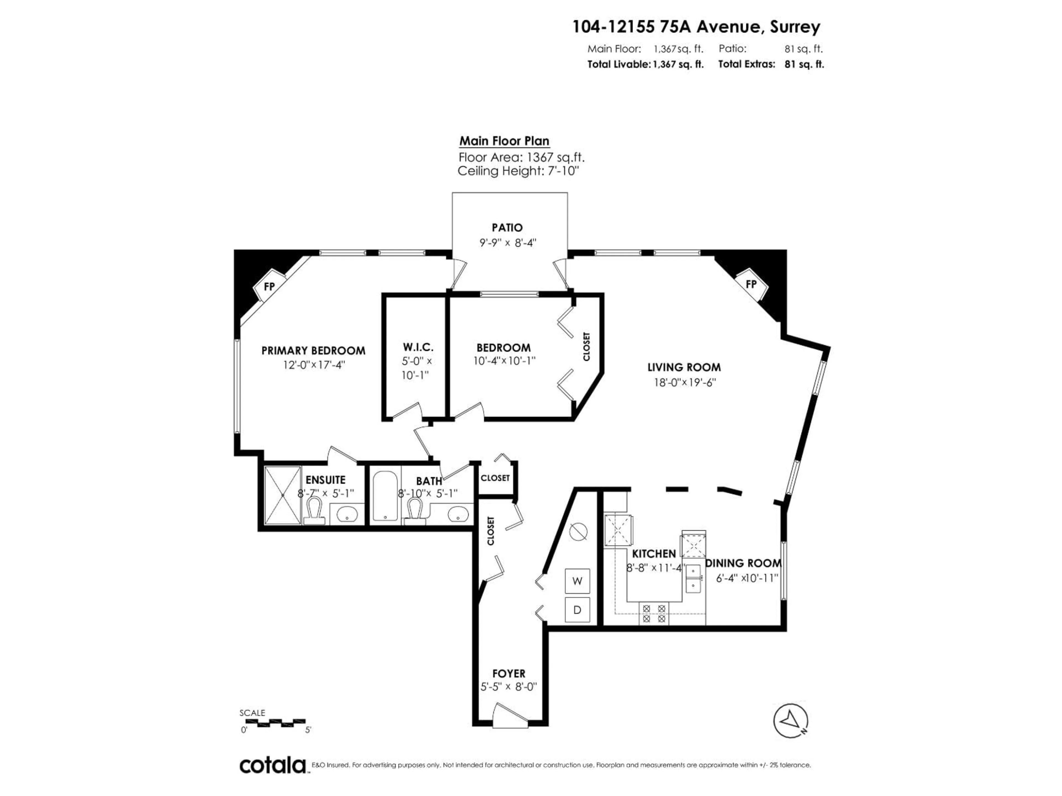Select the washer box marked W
(x=577, y=581)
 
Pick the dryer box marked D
(x=577, y=610)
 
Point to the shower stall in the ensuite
(x=283, y=495)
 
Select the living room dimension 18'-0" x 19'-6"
(x=684, y=383)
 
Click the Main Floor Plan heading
(x=504, y=141)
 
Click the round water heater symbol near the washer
(x=578, y=531)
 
